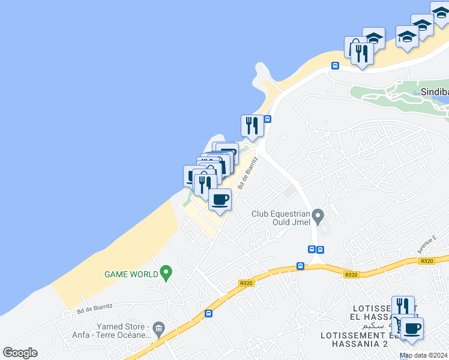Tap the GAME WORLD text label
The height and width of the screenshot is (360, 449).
coord(131,274)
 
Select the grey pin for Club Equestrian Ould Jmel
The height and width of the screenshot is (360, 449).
coord(318,215)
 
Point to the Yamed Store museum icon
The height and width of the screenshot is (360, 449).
coord(158,327)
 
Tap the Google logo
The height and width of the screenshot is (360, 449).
coord(20,353)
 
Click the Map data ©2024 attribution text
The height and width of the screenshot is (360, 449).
coord(423,355)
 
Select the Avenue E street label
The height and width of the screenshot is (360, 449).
coord(426,243)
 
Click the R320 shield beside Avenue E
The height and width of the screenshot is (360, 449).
coord(427,261)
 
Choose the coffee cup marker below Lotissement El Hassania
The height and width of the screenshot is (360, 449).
coord(412,329)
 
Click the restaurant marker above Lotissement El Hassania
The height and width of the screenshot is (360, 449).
coord(403,307)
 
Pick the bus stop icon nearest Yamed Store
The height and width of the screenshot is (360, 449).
coord(208,313)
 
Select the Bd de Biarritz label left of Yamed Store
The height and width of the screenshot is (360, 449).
coord(95,307)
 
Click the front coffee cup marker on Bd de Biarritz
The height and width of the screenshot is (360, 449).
coord(220,199)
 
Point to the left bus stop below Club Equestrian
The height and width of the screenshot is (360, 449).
coord(312,249)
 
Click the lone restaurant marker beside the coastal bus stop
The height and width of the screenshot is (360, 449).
coord(253,125)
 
